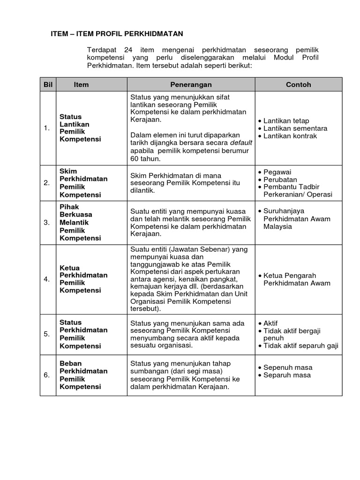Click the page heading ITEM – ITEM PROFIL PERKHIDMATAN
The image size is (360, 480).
[117, 34]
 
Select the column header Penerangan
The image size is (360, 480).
[191, 84]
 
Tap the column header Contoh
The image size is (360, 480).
[299, 84]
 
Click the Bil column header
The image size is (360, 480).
[48, 84]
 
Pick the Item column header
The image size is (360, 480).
[81, 84]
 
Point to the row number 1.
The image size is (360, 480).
[46, 128]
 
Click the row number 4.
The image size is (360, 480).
[46, 279]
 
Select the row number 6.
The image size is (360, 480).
[46, 375]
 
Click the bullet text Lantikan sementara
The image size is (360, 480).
[295, 128]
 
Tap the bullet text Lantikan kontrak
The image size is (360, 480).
[290, 136]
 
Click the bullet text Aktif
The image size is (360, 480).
[270, 323]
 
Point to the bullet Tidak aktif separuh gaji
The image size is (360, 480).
[300, 346]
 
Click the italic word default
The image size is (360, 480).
[240, 143]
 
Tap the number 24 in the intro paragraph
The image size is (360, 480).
[129, 49]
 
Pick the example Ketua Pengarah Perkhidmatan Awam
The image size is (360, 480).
[297, 279]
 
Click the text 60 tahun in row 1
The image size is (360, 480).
[145, 158]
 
